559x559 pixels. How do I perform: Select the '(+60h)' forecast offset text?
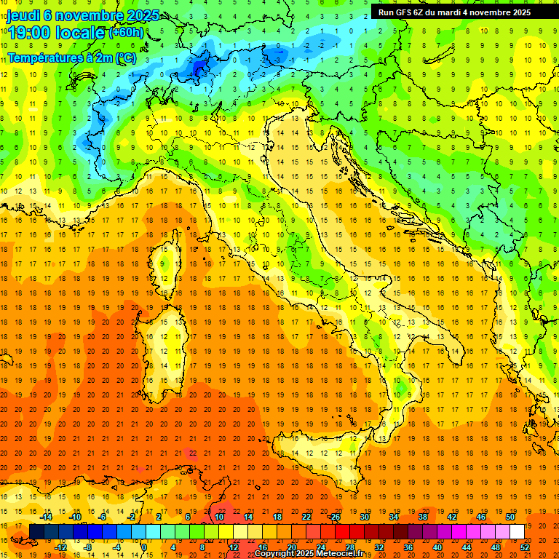(127, 33)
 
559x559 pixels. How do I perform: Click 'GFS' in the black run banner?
(405, 12)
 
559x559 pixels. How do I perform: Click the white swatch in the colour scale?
(517, 532)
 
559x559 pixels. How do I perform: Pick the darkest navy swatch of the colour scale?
(36, 532)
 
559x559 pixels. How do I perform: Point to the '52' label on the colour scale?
(525, 547)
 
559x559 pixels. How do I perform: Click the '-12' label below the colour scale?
(60, 547)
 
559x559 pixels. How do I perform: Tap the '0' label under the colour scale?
(144, 547)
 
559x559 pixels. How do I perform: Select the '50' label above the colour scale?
(510, 517)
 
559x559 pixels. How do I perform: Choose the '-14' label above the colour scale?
(47, 517)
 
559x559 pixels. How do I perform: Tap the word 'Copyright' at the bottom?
(276, 554)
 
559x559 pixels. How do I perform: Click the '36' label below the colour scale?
(408, 547)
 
